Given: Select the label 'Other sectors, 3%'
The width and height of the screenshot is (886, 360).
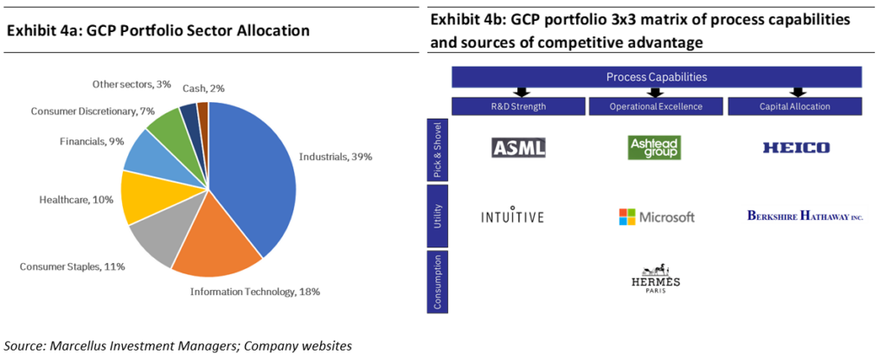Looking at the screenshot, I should pyautogui.click(x=132, y=84).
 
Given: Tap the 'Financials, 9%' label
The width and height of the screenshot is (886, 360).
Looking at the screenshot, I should pyautogui.click(x=91, y=140).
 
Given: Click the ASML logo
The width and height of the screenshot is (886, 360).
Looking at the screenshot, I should pyautogui.click(x=518, y=148).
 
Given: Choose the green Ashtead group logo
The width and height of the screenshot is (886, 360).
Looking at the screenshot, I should pyautogui.click(x=654, y=147).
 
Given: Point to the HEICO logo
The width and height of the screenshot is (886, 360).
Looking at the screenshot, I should pyautogui.click(x=796, y=148).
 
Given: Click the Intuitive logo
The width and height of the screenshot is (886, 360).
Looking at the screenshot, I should pyautogui.click(x=512, y=215).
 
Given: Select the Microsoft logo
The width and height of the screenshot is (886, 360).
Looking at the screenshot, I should pyautogui.click(x=656, y=216).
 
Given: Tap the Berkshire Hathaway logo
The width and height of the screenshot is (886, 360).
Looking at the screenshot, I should pyautogui.click(x=805, y=215).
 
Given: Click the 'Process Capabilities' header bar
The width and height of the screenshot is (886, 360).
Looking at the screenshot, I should pyautogui.click(x=656, y=77).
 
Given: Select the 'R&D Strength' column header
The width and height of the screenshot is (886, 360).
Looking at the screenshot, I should pyautogui.click(x=518, y=106).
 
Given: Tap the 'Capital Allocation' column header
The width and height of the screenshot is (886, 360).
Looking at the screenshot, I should pyautogui.click(x=795, y=106).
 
